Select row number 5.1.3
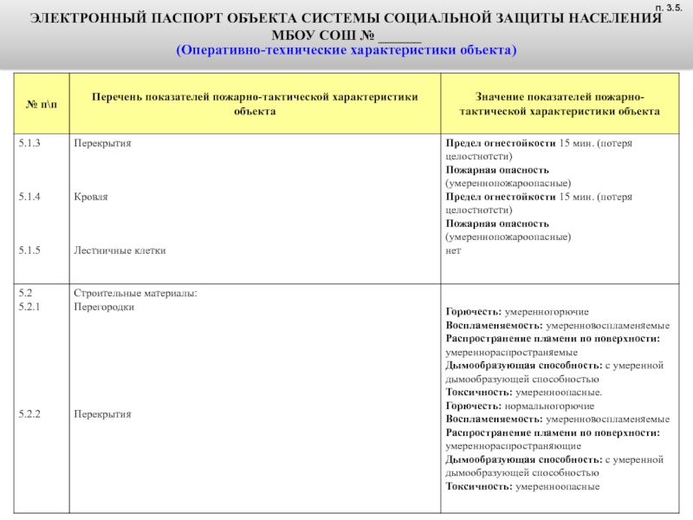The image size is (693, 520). [x=30, y=142]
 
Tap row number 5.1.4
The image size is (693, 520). [x=30, y=198]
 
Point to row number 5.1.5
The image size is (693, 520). [x=30, y=250]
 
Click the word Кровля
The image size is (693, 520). [x=91, y=198]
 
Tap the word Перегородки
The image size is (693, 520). [x=104, y=307]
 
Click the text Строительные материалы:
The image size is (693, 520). [x=136, y=293]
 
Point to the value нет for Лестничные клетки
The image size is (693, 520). [x=453, y=250]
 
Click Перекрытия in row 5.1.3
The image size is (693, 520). [x=102, y=142]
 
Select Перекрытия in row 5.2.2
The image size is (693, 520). [x=102, y=414]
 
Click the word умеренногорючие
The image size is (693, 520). [x=547, y=311]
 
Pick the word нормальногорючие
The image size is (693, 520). [x=549, y=406]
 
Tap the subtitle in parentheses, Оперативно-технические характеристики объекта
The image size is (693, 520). [x=346, y=50]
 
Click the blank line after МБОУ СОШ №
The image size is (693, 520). [x=399, y=35]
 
